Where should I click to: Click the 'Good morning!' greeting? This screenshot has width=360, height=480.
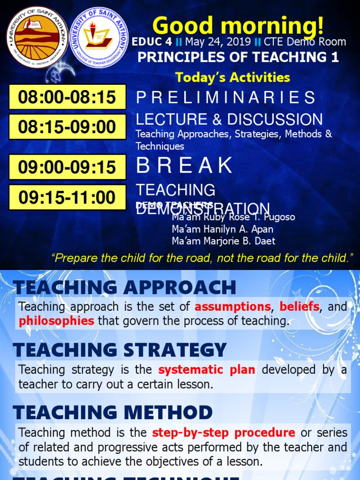238,25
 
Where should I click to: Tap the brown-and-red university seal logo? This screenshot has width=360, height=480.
37,37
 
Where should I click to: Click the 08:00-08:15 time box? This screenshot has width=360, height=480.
67,97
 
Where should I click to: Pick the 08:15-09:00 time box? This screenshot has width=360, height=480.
67,127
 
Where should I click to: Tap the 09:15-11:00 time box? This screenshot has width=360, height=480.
67,197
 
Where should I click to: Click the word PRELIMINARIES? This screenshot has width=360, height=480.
225,97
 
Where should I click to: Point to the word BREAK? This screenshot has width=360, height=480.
184,165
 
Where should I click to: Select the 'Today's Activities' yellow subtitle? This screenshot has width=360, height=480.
232,77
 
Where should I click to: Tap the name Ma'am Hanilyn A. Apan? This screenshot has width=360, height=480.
223,229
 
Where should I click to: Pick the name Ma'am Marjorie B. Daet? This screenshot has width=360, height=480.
224,241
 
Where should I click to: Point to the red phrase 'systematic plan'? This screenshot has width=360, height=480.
207,369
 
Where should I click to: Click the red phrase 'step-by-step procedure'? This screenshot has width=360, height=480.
224,432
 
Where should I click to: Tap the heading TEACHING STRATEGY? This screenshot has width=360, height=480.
120,350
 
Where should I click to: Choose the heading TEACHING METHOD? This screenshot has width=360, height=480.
112,412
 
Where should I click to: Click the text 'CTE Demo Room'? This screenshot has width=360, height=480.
305,42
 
